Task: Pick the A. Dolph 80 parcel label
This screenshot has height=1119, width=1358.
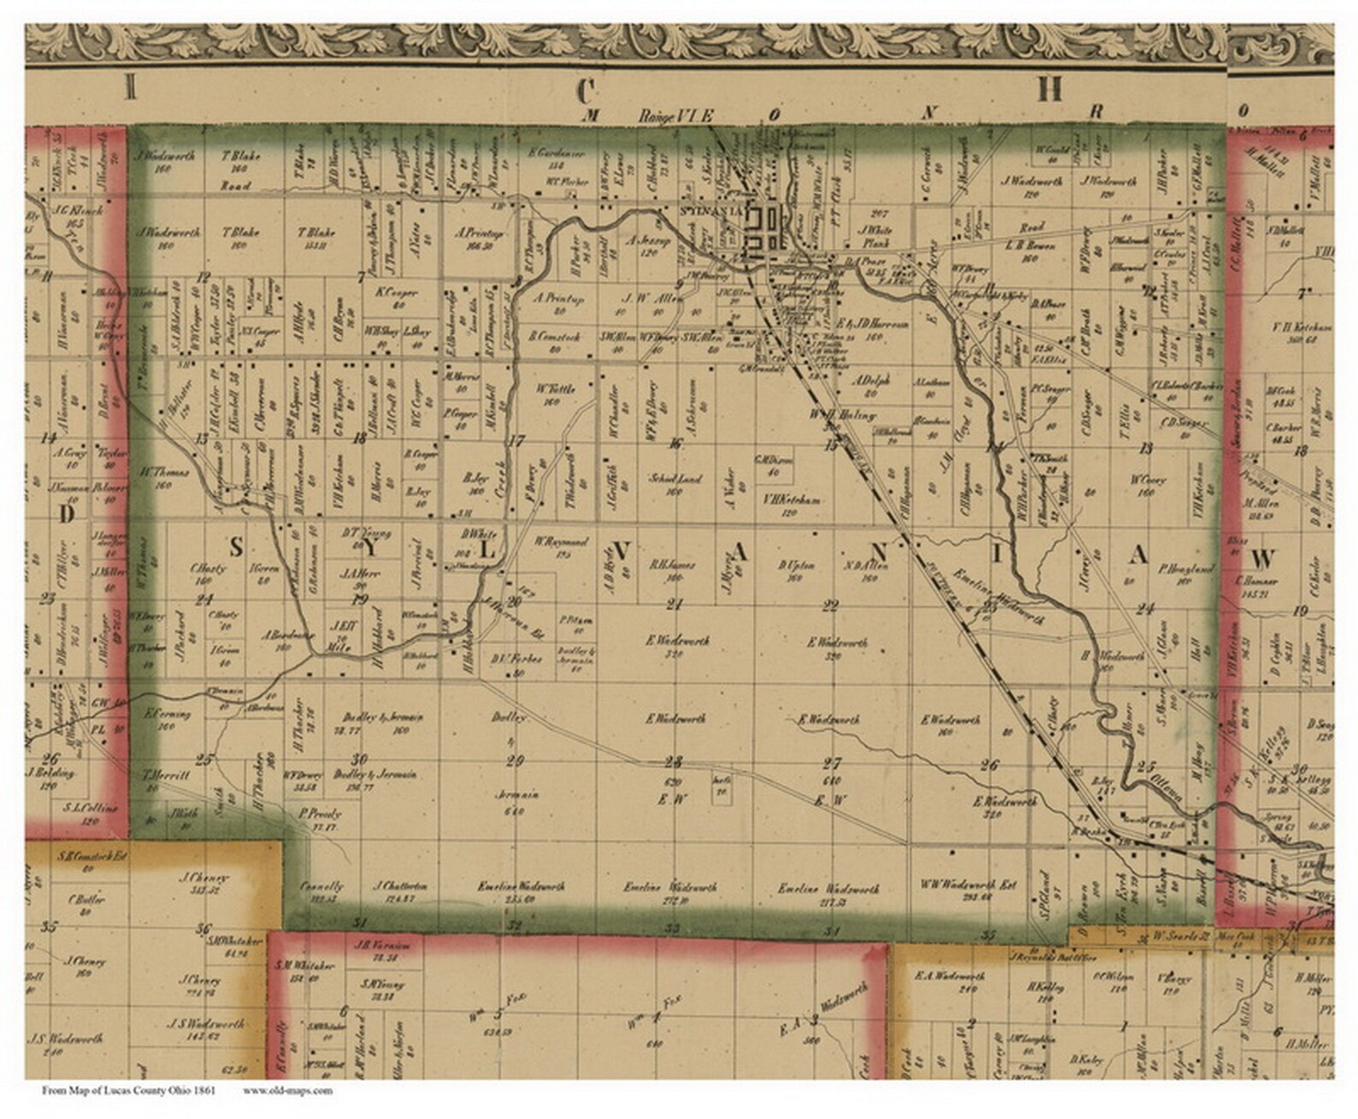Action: click(871, 386)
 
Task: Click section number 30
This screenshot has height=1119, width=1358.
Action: click(359, 759)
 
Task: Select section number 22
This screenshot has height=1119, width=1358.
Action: click(830, 606)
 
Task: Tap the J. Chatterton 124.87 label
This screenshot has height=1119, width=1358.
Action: click(401, 891)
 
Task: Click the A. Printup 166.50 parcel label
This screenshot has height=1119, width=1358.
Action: click(479, 238)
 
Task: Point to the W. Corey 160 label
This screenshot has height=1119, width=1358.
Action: click(1148, 485)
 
